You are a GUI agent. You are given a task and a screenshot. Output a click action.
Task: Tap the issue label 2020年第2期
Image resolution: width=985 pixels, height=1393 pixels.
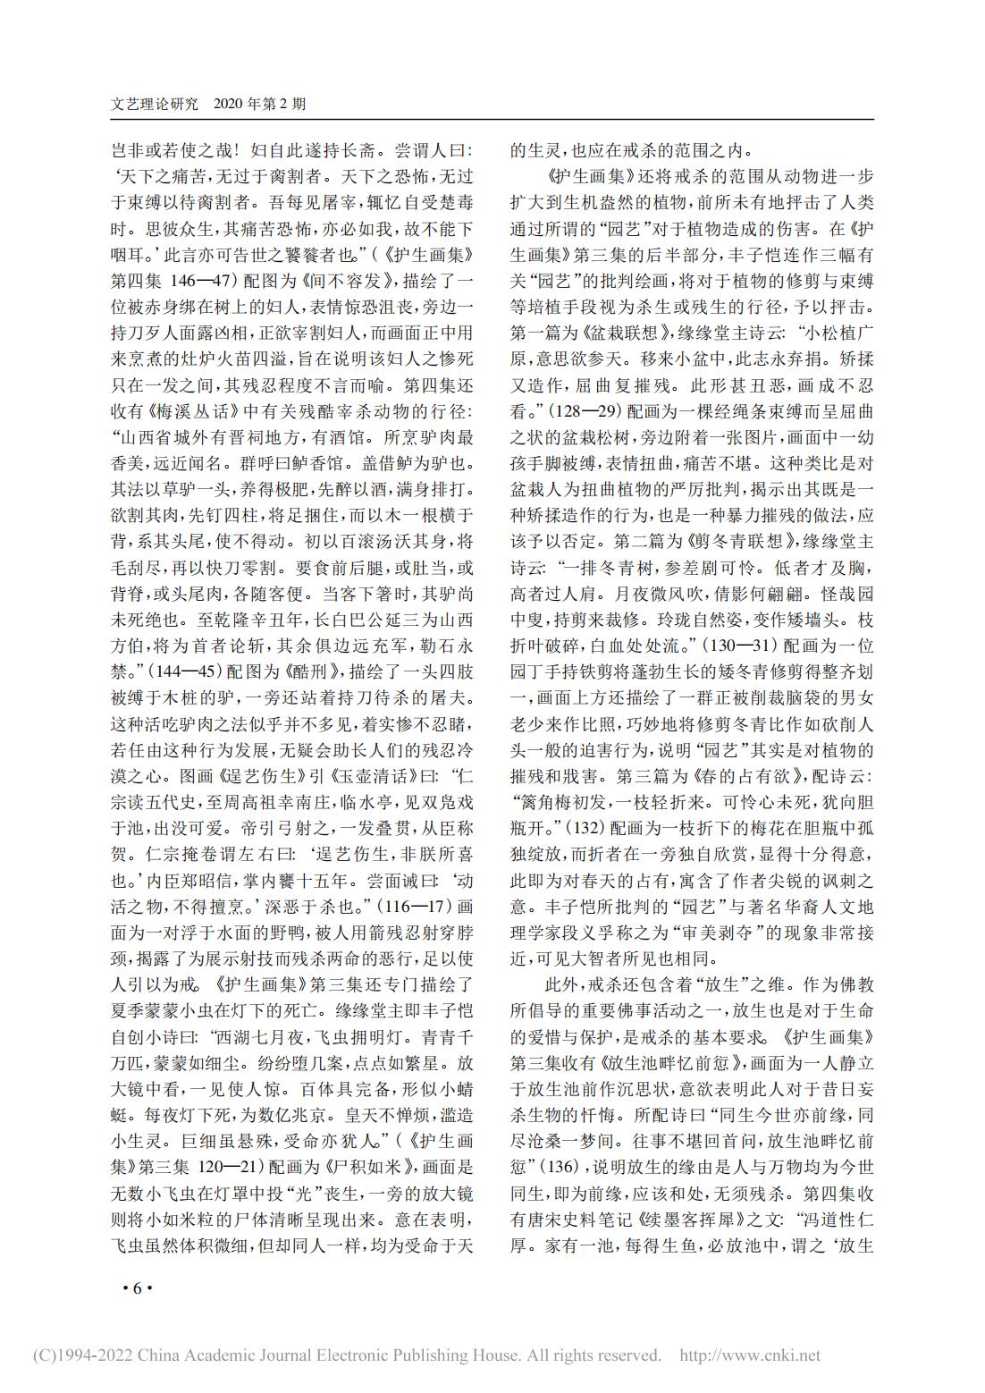pos(260,104)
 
